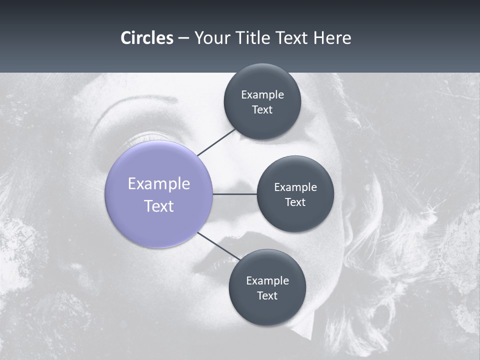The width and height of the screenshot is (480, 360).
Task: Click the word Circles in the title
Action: click(x=147, y=38)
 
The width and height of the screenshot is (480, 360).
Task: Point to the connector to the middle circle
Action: click(x=235, y=194)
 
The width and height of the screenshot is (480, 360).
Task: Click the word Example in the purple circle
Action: click(x=159, y=184)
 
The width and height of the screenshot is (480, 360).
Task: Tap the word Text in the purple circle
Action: click(x=159, y=206)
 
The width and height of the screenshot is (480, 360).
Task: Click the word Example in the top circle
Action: click(x=262, y=95)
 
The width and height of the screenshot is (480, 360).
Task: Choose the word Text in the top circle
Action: click(x=262, y=110)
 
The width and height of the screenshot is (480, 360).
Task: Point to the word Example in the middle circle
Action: click(x=295, y=187)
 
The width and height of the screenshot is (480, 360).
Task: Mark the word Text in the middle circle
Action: click(x=295, y=202)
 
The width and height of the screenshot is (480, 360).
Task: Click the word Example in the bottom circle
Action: click(x=267, y=281)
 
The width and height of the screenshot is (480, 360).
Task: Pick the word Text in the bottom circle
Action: click(x=267, y=296)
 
